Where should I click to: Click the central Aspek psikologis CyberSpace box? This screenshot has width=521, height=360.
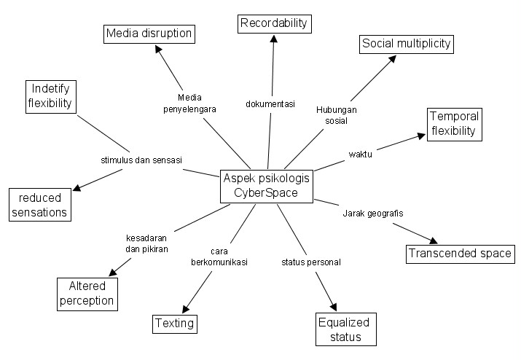click(x=267, y=186)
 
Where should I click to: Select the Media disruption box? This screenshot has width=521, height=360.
click(x=149, y=34)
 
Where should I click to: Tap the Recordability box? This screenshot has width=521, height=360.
click(x=274, y=23)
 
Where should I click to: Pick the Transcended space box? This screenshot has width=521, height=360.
click(x=460, y=254)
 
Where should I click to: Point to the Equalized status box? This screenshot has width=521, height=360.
click(x=343, y=329)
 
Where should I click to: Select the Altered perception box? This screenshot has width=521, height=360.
click(x=87, y=294)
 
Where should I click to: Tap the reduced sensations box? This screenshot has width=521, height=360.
click(x=39, y=205)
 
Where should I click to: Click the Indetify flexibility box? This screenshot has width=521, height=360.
click(x=50, y=95)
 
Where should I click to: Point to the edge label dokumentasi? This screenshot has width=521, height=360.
click(x=270, y=104)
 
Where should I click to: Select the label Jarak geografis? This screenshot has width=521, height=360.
click(x=372, y=214)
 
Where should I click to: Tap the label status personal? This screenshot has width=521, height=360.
click(x=311, y=261)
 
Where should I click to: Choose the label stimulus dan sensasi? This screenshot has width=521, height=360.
click(x=141, y=159)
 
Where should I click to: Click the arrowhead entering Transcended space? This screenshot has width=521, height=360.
click(x=433, y=242)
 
